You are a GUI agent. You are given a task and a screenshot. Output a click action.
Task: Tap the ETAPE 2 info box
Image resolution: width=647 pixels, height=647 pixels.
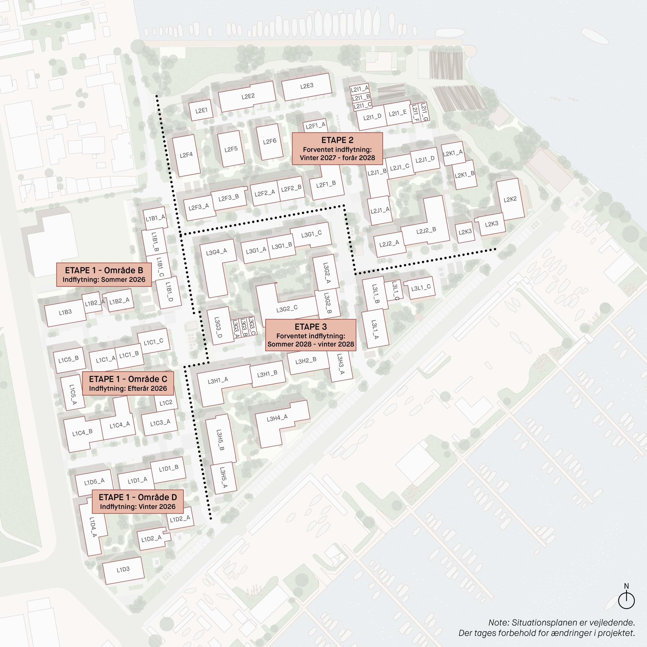pos(337,149)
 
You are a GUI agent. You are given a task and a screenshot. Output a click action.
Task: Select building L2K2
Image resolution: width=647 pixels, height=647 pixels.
pos(510,200)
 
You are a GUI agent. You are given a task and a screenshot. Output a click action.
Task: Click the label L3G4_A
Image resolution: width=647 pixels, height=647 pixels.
pos(216,252)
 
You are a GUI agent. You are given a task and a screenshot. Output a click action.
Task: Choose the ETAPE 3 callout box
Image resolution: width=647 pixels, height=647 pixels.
pos(310,335)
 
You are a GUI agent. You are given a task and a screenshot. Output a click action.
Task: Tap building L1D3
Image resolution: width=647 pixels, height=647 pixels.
pos(123,570)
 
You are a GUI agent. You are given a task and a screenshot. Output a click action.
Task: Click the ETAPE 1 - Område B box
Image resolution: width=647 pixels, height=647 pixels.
pos(104,275)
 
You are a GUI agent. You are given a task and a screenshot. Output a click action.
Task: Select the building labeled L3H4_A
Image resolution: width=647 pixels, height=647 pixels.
pos(277,418)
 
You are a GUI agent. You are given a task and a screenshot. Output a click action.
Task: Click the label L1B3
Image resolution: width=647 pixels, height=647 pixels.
pos(65,312)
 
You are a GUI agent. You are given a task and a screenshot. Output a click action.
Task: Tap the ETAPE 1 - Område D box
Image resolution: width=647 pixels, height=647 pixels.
pos(138,501)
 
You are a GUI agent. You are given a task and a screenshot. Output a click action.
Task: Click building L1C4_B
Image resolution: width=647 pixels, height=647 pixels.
pos(82,433)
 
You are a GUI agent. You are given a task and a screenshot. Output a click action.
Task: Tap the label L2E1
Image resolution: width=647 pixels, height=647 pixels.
pos(201,110)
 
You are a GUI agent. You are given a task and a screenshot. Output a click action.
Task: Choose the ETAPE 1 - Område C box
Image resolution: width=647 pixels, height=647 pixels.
pos(128,383)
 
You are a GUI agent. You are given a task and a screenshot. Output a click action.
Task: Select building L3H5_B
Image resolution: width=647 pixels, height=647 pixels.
pos(220,440)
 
